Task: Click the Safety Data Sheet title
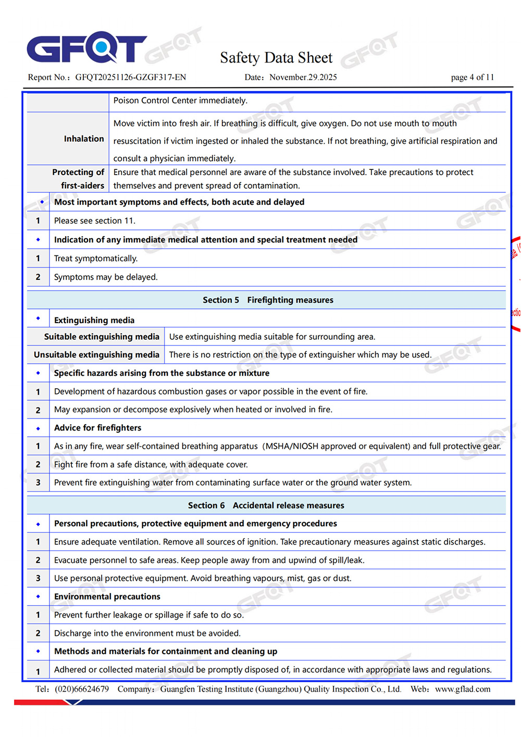276,57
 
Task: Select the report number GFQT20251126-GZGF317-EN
130,77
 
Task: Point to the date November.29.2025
303,77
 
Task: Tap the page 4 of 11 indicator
472,77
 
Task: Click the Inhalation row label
84,139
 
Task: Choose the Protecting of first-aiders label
79,179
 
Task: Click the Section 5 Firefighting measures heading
268,300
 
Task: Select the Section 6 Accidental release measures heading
266,505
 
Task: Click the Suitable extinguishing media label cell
102,337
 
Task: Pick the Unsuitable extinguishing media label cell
96,354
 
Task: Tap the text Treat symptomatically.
96,259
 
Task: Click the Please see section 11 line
94,220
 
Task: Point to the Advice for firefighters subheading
97,428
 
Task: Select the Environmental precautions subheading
107,596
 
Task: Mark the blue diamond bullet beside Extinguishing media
38,318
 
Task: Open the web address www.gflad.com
463,689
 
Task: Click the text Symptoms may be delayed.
106,277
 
